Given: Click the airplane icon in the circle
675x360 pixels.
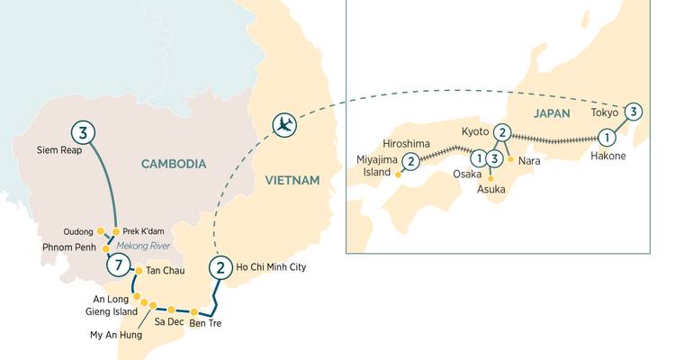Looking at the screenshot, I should (285, 125).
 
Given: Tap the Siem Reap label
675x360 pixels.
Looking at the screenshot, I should (58, 149).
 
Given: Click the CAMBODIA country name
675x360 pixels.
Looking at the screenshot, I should (174, 164).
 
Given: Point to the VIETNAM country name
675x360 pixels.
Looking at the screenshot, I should (292, 181).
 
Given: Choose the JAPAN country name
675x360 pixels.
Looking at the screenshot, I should (553, 114).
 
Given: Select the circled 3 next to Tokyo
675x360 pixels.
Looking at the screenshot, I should (634, 112).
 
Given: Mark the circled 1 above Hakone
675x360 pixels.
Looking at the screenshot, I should (607, 139).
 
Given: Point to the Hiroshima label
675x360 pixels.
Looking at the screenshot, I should (408, 143).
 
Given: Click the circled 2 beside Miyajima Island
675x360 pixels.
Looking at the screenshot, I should (411, 161).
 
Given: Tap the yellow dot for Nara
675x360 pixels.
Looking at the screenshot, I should (511, 159).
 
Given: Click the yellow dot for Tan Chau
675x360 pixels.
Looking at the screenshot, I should (138, 270).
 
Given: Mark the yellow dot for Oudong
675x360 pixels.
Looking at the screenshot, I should (101, 230).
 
